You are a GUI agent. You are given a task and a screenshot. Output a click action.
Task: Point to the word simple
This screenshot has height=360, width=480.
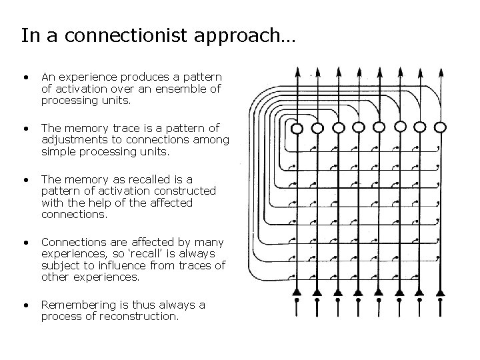click(x=59, y=151)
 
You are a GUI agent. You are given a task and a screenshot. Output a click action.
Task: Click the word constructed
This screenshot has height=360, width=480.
click(x=185, y=191)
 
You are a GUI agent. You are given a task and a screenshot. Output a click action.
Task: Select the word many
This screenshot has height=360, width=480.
click(x=208, y=242)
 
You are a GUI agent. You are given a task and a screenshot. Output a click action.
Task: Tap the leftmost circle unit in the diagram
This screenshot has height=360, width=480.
click(x=297, y=127)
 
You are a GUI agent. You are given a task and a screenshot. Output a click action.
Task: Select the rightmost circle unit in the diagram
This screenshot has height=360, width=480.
click(x=441, y=126)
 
